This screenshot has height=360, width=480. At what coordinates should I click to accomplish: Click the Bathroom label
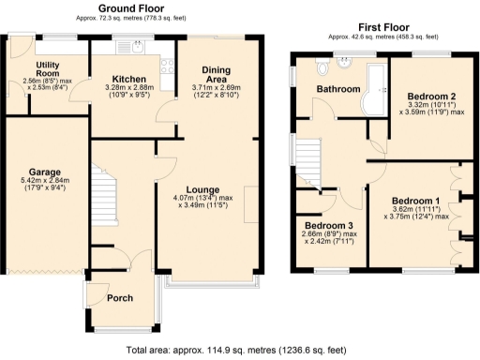point(337,90)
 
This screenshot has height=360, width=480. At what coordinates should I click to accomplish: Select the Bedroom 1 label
point(415,202)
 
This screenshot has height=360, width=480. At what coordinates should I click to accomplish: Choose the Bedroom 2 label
point(430,97)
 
